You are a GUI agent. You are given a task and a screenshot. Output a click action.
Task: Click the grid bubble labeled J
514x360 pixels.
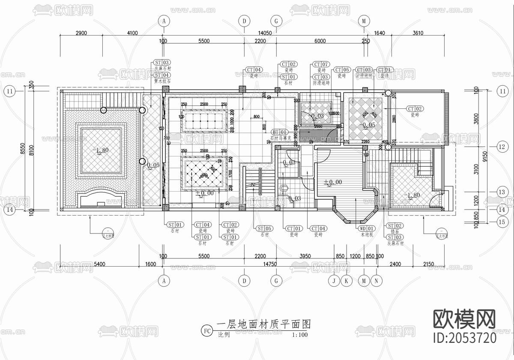point(333,281)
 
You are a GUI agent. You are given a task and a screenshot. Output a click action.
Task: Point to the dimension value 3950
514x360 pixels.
point(305,256)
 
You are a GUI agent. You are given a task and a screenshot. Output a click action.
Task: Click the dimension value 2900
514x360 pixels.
point(81,33)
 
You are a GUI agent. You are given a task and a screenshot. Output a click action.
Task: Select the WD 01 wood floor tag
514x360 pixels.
point(366,228)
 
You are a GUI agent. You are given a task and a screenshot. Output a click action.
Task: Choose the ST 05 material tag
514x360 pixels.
point(263,228)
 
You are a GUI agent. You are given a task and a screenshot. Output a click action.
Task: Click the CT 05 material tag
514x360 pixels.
point(342,70)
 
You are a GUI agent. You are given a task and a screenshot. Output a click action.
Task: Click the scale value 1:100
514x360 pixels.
point(300,335)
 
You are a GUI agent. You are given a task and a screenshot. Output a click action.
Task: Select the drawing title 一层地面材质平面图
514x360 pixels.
point(263,324)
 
